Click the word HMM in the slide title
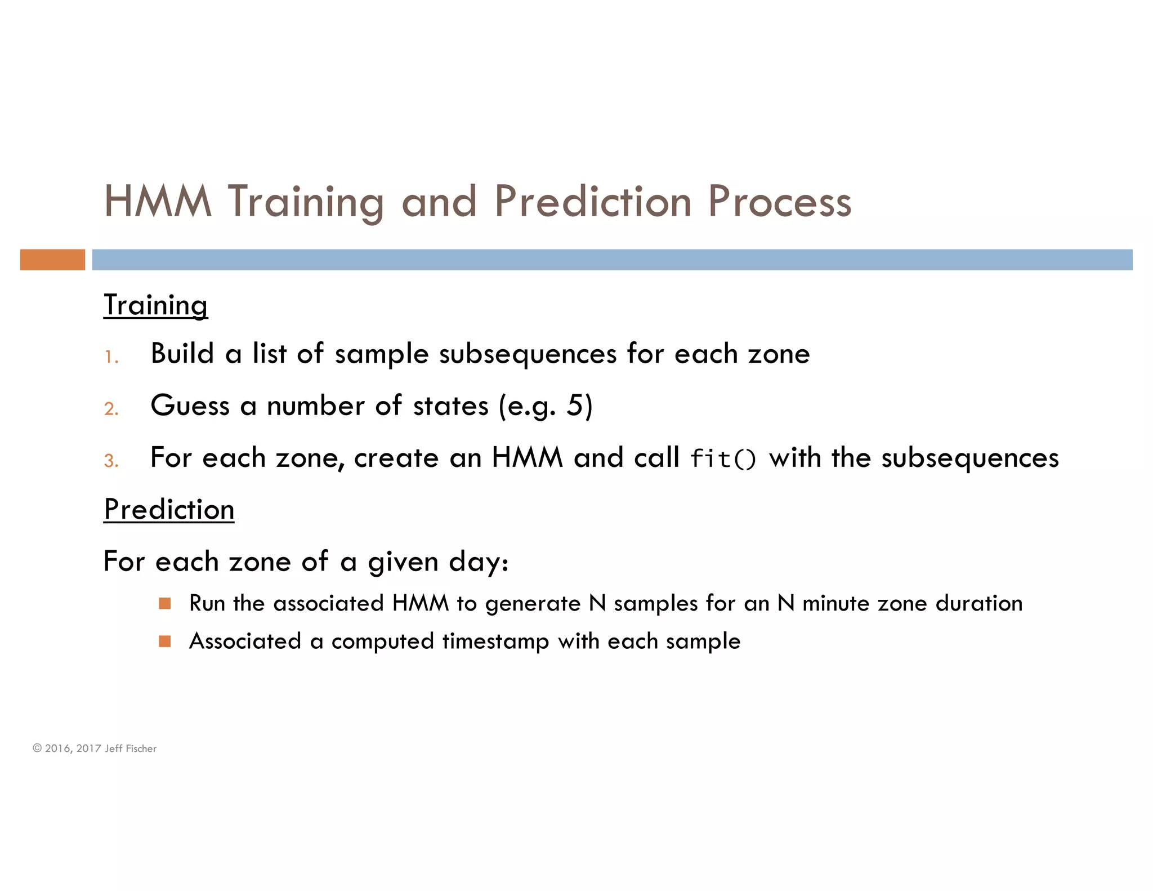158,202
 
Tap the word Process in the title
779,202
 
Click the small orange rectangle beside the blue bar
52,260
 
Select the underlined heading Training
156,305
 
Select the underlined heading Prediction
169,510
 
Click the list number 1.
111,357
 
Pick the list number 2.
111,408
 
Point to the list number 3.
111,461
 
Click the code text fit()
723,458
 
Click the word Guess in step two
190,406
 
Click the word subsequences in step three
969,458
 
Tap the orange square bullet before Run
164,603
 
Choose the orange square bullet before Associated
164,641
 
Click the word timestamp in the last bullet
495,641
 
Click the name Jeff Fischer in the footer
131,749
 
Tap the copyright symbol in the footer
37,748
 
